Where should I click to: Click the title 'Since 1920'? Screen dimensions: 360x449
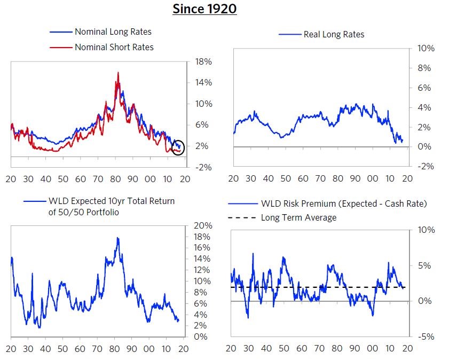tap(204, 9)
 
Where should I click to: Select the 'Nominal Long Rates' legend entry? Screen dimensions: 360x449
tap(113, 32)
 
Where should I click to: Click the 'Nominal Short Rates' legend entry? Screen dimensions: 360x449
tap(114, 47)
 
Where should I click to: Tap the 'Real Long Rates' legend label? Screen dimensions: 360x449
tap(334, 34)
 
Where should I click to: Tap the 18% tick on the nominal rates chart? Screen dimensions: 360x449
tap(203, 61)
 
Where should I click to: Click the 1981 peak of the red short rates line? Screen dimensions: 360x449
tap(117, 73)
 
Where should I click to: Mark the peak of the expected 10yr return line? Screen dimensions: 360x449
tap(117, 238)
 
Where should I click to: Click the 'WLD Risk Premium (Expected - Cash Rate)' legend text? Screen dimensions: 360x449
tap(344, 204)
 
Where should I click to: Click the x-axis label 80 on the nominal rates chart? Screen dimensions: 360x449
tap(115, 179)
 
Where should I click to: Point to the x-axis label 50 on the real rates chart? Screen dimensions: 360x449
tap(286, 178)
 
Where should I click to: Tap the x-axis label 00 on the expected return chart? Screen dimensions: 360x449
tap(150, 349)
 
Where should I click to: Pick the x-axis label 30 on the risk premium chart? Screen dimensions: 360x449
tap(248, 348)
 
